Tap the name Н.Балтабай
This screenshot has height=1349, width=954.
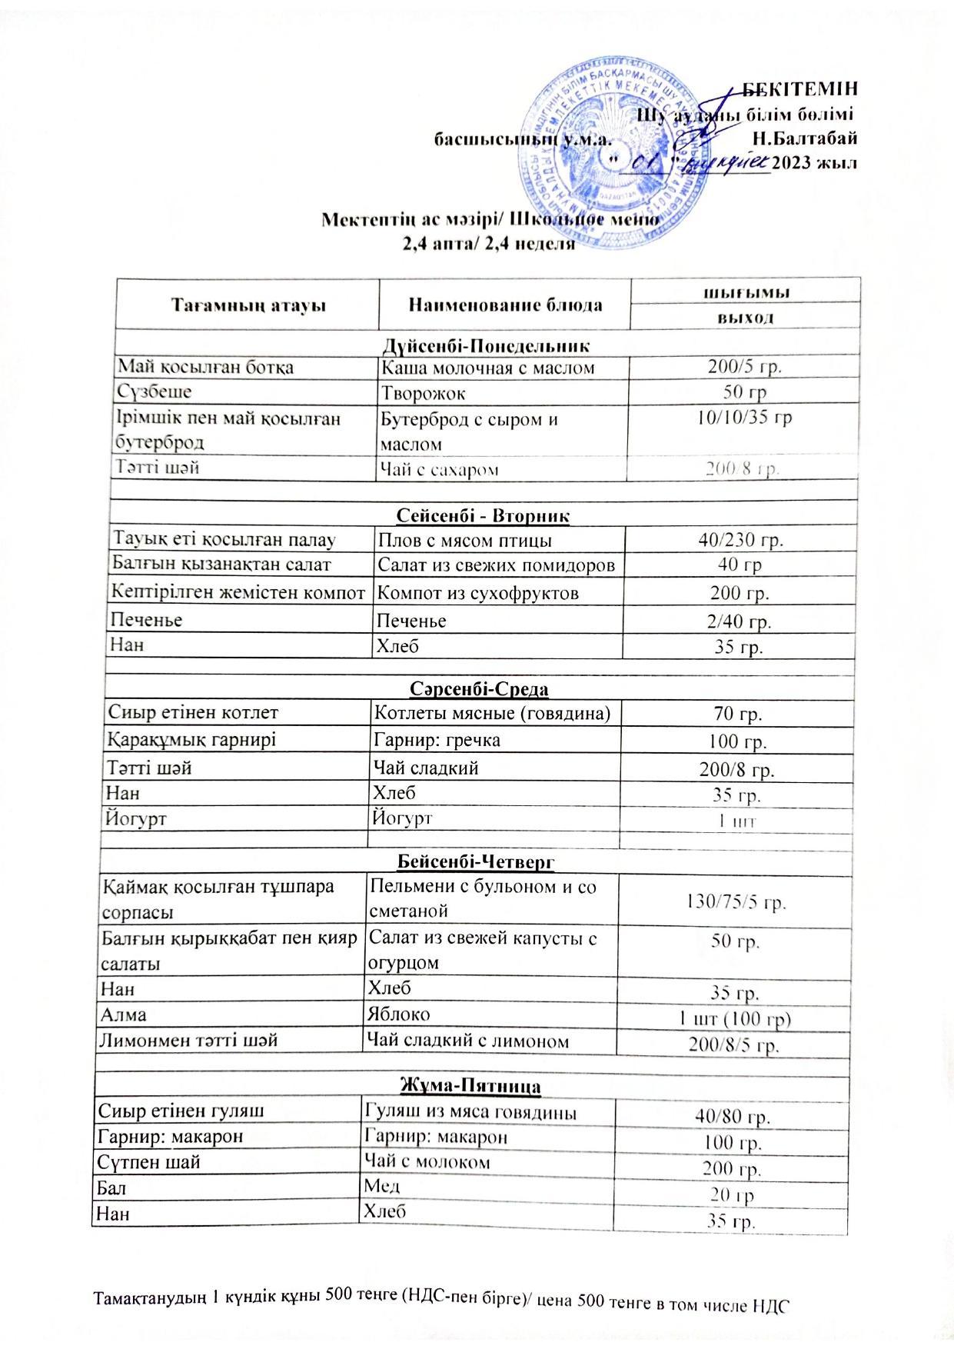[805, 139]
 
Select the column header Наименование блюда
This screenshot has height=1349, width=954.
[504, 305]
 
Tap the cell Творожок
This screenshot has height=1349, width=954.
[424, 393]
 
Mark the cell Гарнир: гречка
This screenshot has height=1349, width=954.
[437, 740]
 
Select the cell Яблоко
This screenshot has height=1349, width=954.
[397, 1014]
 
